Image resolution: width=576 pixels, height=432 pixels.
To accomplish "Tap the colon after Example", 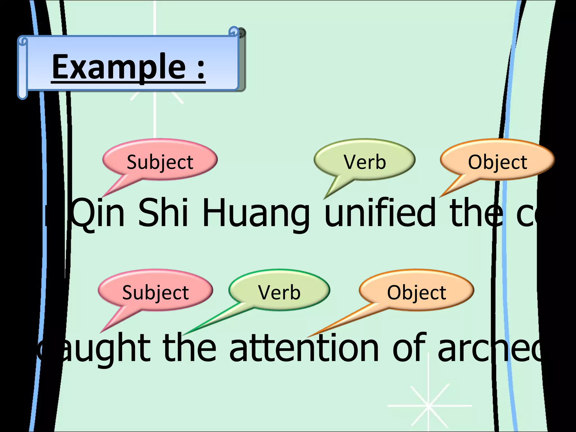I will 200,69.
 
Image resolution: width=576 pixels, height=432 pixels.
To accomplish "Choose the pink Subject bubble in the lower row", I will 155,291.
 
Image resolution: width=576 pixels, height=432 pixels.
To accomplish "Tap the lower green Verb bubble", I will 279,291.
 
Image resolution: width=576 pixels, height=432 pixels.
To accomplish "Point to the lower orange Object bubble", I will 417,291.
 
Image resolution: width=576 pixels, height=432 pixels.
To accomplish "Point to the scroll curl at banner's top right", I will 235,31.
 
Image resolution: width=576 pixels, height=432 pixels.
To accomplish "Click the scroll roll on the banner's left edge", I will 22,67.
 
